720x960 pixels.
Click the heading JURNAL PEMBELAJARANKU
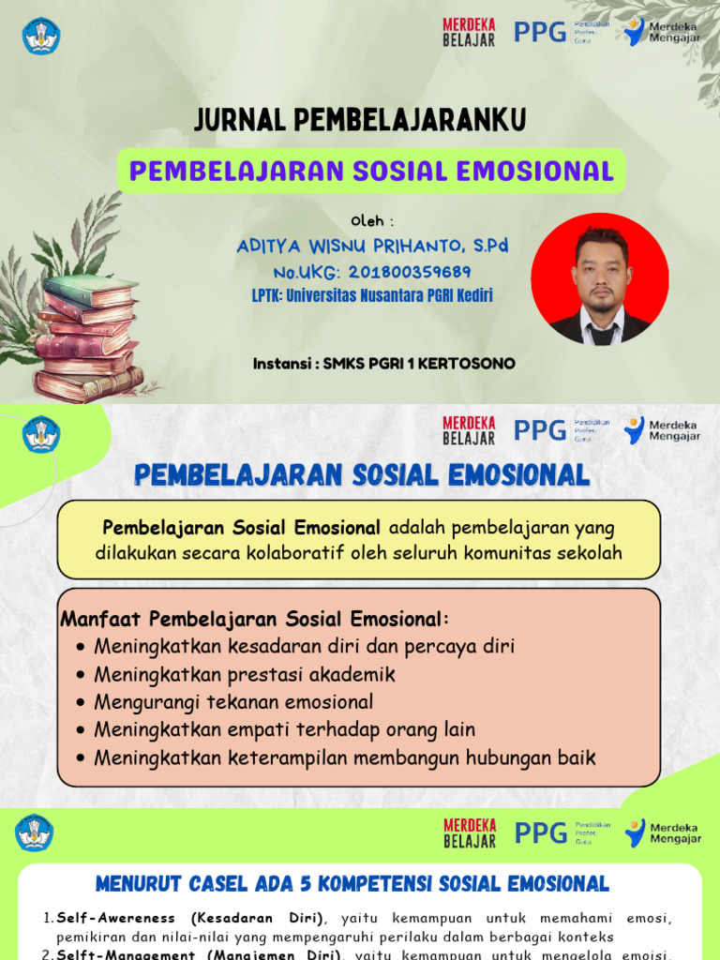click(x=360, y=120)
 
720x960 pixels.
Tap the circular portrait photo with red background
click(x=600, y=278)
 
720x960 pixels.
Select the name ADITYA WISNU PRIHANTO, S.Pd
click(x=372, y=246)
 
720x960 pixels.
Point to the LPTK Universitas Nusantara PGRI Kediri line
click(x=372, y=295)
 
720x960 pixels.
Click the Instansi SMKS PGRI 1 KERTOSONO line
click(x=384, y=363)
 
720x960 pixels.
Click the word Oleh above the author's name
click(x=372, y=221)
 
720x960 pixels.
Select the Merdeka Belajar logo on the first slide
click(x=469, y=32)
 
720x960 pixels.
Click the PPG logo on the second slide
click(x=540, y=429)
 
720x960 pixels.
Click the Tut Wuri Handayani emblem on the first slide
click(x=40, y=36)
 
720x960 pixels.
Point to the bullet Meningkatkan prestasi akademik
click(x=245, y=674)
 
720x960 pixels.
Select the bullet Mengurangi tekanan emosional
click(x=233, y=702)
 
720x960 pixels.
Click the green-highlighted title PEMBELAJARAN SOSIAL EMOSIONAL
click(x=371, y=172)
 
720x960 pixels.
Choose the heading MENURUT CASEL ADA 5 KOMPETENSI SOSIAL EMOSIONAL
click(x=352, y=883)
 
